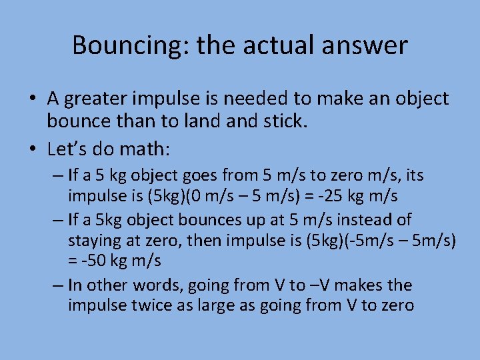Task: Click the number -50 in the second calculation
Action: [90, 261]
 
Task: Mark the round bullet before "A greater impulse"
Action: [32, 99]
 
